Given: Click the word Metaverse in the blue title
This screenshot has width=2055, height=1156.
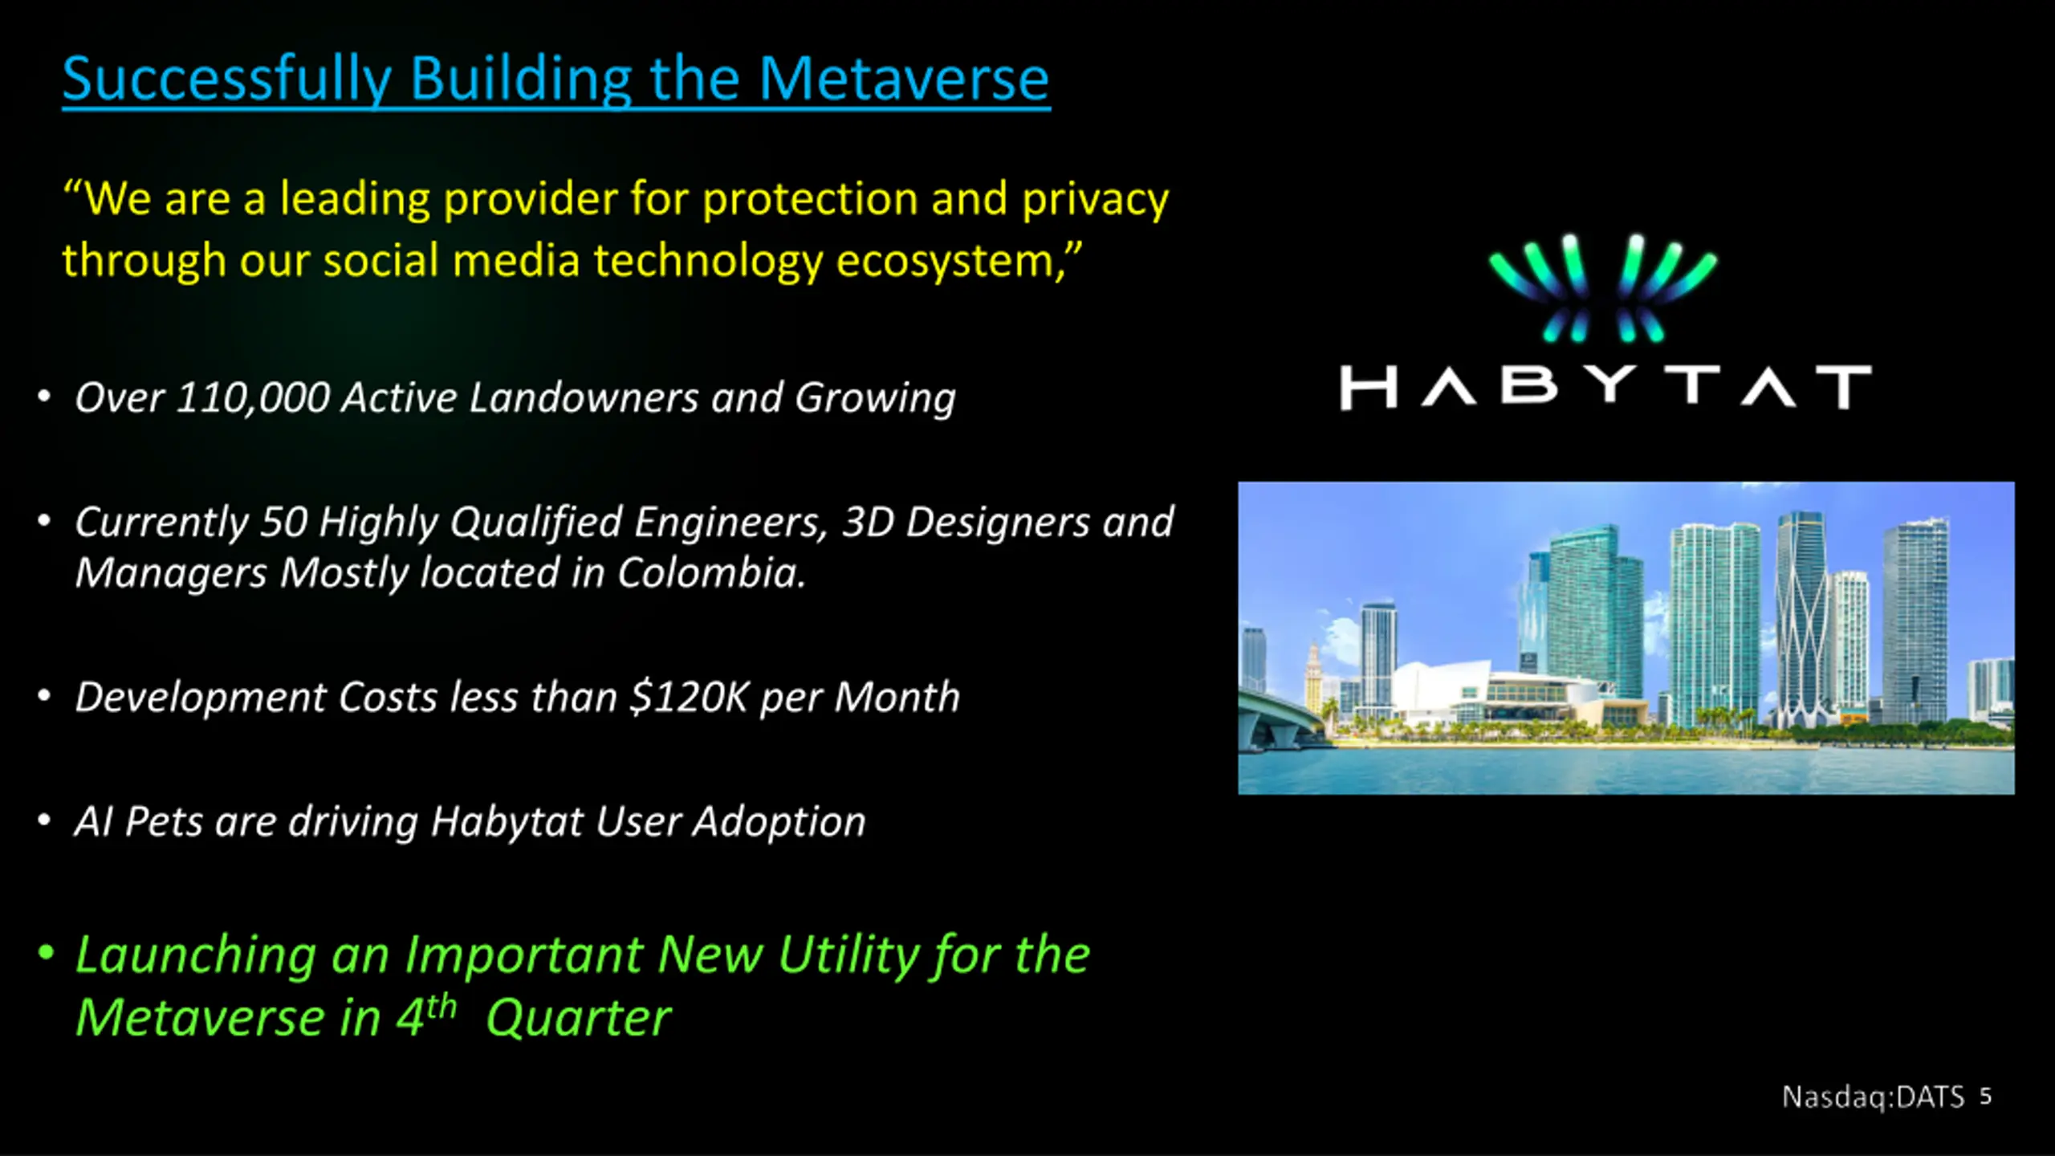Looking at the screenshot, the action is tap(904, 79).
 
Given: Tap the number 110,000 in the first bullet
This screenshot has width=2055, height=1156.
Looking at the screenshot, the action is tap(253, 398).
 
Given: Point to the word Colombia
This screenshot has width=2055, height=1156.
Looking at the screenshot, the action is tap(711, 573).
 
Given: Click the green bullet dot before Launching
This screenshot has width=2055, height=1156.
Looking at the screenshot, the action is tap(46, 953).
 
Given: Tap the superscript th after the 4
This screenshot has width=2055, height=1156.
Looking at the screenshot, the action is tap(442, 1007).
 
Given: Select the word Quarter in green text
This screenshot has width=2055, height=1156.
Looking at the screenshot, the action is tap(578, 1018).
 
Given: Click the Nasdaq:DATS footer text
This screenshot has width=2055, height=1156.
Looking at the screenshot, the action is tap(1873, 1097).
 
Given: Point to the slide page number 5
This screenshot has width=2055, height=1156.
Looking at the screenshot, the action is tap(1986, 1097).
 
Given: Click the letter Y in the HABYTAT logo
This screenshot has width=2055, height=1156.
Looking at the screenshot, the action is tap(1610, 387).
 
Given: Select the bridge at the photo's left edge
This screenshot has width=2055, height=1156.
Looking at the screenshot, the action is tap(1281, 714).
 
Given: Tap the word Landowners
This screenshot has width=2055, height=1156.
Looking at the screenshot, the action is tap(584, 397).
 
